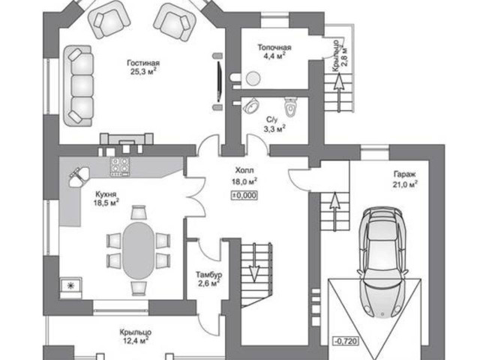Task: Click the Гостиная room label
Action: [143, 63]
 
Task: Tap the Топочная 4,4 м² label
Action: [274, 51]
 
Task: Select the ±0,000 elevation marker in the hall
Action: [244, 195]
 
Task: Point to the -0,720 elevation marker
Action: [345, 340]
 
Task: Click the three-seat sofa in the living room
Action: [78, 85]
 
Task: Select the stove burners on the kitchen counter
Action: [120, 166]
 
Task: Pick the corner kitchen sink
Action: [79, 177]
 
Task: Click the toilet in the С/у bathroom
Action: [290, 107]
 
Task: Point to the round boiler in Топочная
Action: [253, 79]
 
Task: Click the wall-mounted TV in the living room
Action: [219, 82]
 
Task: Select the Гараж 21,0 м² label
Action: [405, 179]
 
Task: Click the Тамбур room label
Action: [208, 274]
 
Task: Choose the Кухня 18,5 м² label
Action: [106, 198]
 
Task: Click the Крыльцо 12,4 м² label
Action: [135, 336]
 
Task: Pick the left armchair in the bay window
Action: [109, 21]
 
